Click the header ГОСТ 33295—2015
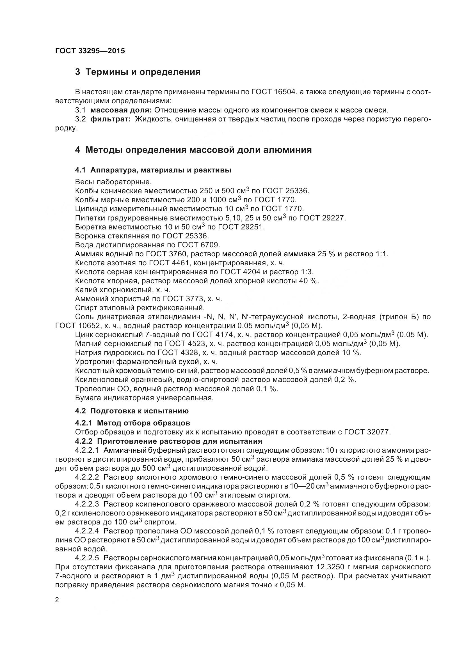pyautogui.click(x=90, y=51)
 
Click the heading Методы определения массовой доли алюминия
pyautogui.click(x=198, y=150)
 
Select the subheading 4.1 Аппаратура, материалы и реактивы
pyautogui.click(x=153, y=170)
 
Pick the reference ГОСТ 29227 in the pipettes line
pyautogui.click(x=323, y=218)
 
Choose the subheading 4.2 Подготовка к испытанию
pyautogui.click(x=132, y=411)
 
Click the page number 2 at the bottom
pyautogui.click(x=57, y=600)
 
